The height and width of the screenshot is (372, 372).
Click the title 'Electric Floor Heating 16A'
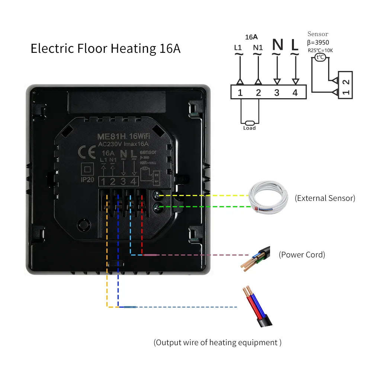coord(105,49)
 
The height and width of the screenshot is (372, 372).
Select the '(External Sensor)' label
coord(325,198)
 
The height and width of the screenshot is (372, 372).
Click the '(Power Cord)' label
coord(302,255)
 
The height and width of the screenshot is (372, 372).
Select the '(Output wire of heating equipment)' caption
coord(218,342)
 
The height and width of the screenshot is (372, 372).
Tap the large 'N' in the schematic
coord(278,45)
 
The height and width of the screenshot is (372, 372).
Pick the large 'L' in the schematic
coord(295,45)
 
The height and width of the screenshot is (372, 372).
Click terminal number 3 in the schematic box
coord(277,93)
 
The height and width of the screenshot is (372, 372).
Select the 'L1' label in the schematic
coord(238,48)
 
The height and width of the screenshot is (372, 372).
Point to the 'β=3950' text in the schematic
coord(318,42)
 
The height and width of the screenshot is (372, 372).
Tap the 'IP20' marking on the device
coord(88,180)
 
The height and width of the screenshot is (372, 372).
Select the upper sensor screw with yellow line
coord(157,195)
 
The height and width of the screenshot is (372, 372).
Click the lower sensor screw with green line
coord(157,206)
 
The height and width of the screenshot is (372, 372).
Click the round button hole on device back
coord(84,224)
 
